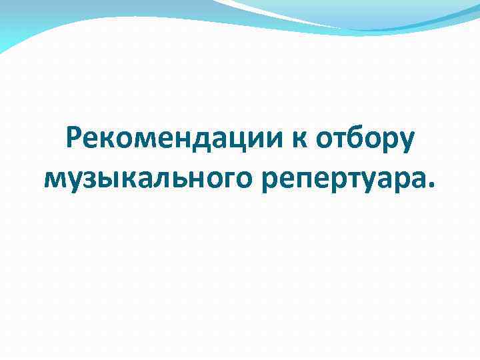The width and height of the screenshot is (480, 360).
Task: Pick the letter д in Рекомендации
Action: pos(209,142)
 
